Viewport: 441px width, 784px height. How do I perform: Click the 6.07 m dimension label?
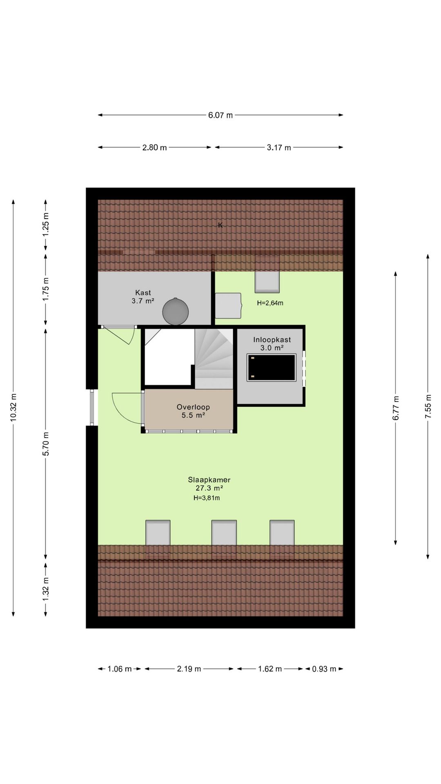[220, 115]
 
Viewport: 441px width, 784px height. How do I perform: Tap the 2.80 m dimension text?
[154, 147]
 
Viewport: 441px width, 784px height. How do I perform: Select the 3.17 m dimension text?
[279, 147]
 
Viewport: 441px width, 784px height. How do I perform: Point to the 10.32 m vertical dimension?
[13, 407]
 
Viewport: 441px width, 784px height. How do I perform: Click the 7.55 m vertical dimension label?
[428, 406]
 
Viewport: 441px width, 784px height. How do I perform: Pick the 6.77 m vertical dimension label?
[395, 407]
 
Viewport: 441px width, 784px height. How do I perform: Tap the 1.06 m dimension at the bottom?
[119, 669]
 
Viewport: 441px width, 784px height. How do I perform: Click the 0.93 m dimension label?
[324, 669]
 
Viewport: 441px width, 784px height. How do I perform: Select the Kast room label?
[143, 293]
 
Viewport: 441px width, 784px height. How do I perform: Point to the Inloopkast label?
[272, 340]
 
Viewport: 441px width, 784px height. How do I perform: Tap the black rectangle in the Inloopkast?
[271, 367]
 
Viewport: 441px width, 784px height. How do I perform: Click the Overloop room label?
[193, 407]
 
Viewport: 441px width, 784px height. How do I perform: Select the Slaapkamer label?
[209, 480]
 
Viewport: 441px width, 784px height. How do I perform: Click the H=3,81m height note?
[207, 498]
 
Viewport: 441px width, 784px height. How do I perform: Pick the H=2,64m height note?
[270, 303]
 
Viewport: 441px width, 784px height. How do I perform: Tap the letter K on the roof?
[220, 225]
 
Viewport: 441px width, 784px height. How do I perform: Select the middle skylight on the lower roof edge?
[224, 532]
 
